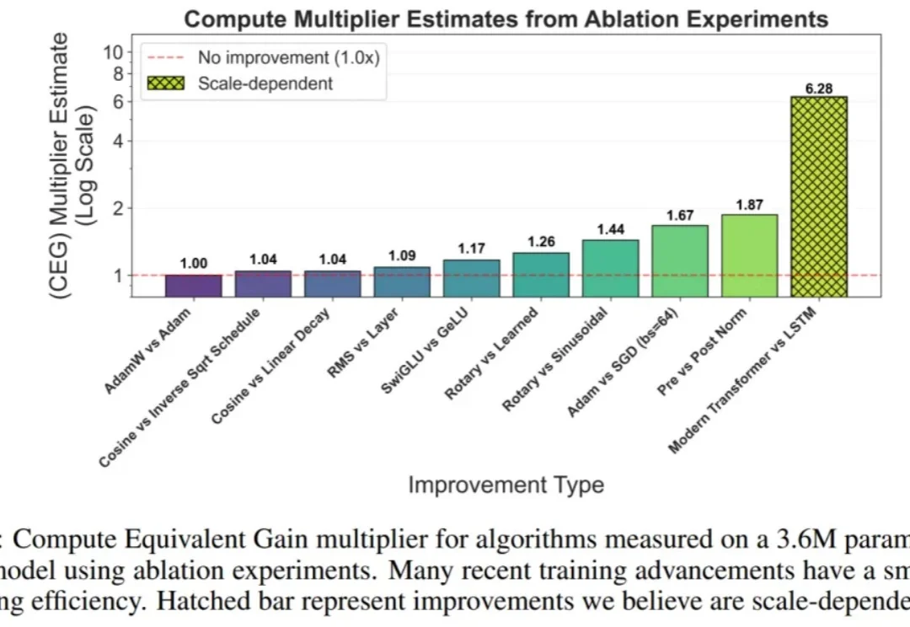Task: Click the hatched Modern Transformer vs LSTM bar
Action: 819,196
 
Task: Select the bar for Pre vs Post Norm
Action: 750,255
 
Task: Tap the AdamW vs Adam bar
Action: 193,286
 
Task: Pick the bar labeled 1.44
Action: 610,268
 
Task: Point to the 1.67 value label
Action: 680,216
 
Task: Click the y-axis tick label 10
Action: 113,52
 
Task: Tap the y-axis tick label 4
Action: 118,141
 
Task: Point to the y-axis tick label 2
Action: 118,208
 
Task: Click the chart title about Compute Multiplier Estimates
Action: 506,19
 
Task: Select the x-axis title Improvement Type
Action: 506,485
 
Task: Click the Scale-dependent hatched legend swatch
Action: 165,83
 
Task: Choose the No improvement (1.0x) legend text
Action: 286,57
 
